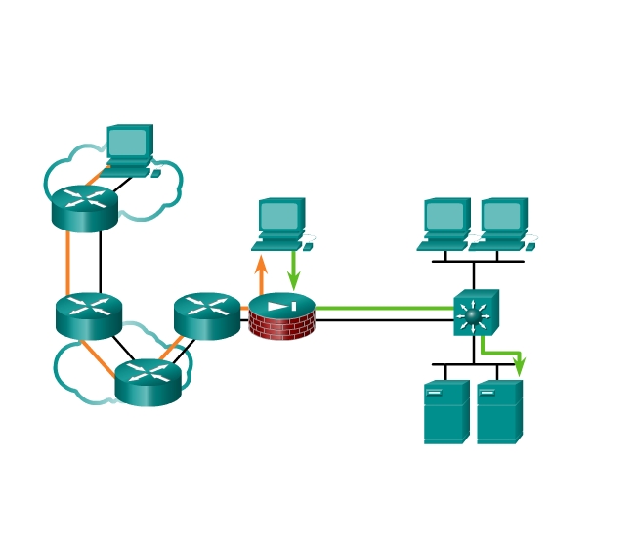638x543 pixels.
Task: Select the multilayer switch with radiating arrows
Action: pos(475,314)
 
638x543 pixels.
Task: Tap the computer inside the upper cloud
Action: pos(130,149)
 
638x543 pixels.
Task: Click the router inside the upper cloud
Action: pos(85,207)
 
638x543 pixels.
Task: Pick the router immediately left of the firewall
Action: pos(207,315)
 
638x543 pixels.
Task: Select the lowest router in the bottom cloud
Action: pos(148,382)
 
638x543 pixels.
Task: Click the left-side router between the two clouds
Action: pos(89,314)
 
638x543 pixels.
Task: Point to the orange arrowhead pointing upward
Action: pos(261,263)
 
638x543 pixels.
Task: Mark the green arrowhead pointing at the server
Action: pos(519,366)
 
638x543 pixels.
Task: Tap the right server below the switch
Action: pos(499,412)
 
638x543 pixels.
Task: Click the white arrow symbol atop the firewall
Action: pos(281,306)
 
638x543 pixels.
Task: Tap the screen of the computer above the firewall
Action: pos(279,215)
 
